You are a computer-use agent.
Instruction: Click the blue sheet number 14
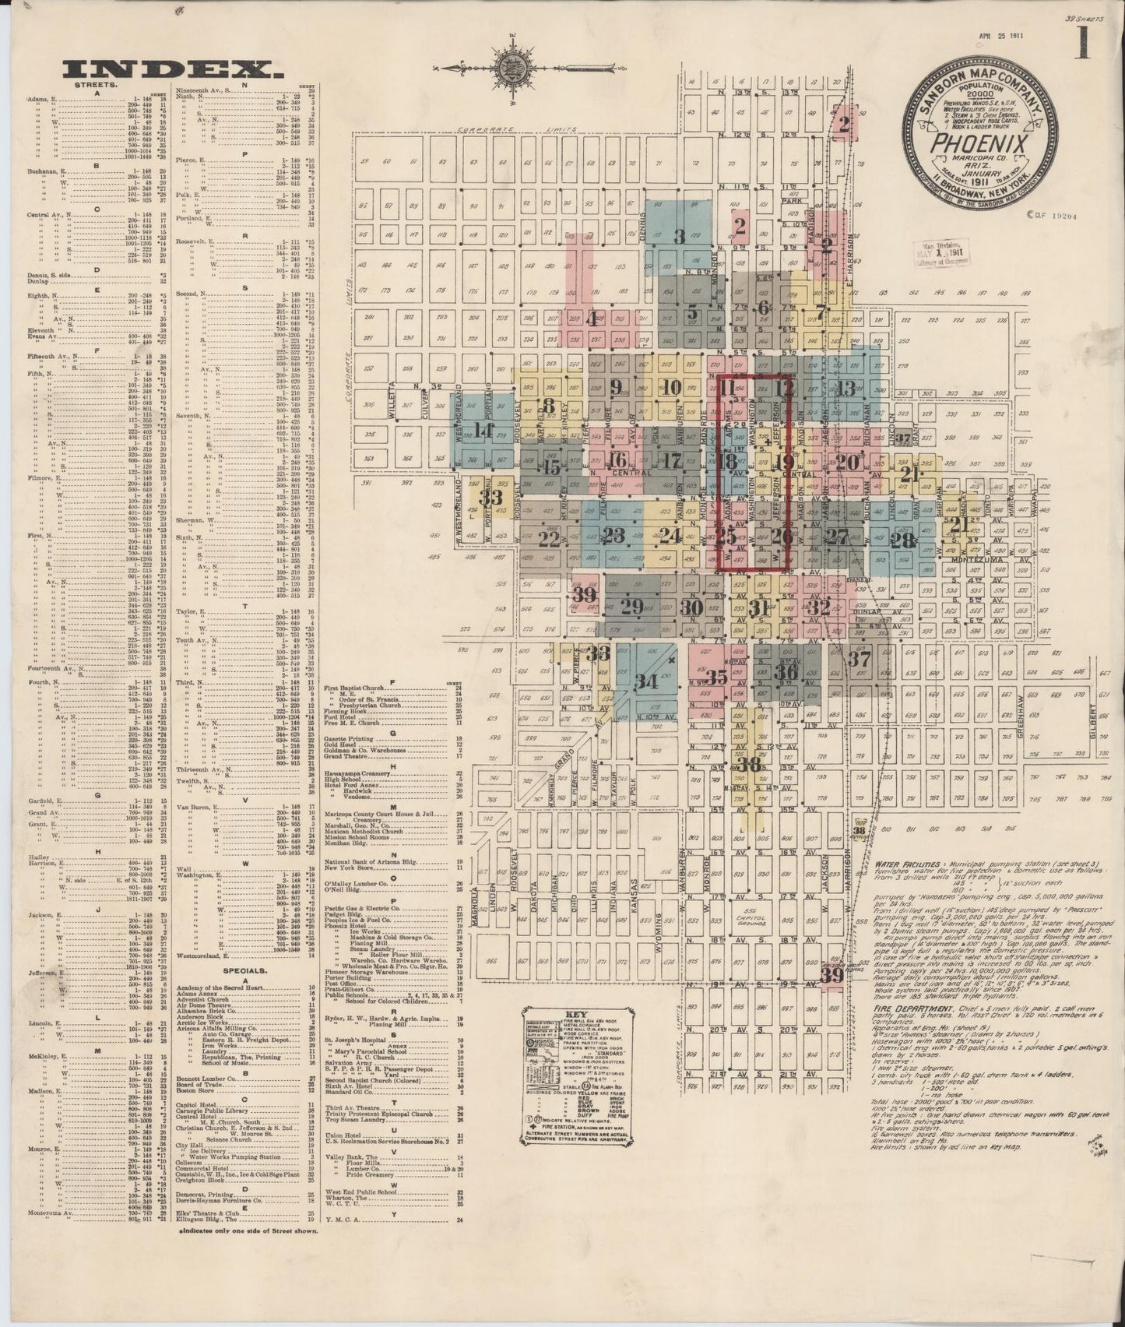tap(483, 430)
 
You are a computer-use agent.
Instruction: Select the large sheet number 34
tap(646, 682)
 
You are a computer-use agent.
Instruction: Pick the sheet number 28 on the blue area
tap(903, 542)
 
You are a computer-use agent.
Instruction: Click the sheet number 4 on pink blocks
tap(593, 319)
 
